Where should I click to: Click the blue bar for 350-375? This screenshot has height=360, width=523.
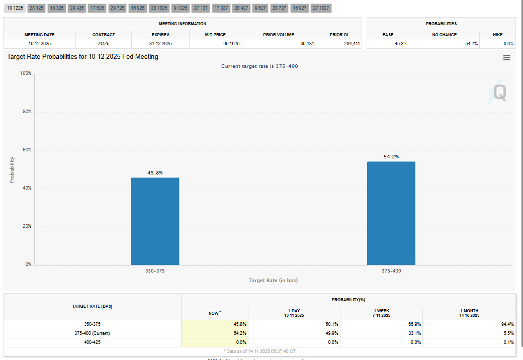coord(155,221)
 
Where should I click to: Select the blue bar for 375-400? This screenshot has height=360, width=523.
coord(391,213)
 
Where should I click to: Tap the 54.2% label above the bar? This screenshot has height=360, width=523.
coord(391,157)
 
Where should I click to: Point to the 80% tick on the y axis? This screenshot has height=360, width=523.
coord(26,112)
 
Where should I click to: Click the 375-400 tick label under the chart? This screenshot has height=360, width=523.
coord(391,271)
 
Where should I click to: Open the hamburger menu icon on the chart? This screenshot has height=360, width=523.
coord(506,58)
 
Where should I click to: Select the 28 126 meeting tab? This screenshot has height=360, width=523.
coord(36,9)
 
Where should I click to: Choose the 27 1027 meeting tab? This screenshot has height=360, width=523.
coord(321,9)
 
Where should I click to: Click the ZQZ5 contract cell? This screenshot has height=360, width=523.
coord(104,44)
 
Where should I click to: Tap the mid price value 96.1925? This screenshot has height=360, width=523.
coord(217,44)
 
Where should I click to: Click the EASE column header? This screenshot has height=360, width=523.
coord(388,35)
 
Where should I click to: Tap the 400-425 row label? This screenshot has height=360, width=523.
coord(92,342)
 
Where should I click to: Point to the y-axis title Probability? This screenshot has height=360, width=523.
coord(12,169)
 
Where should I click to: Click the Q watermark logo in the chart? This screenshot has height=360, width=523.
coord(498,93)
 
